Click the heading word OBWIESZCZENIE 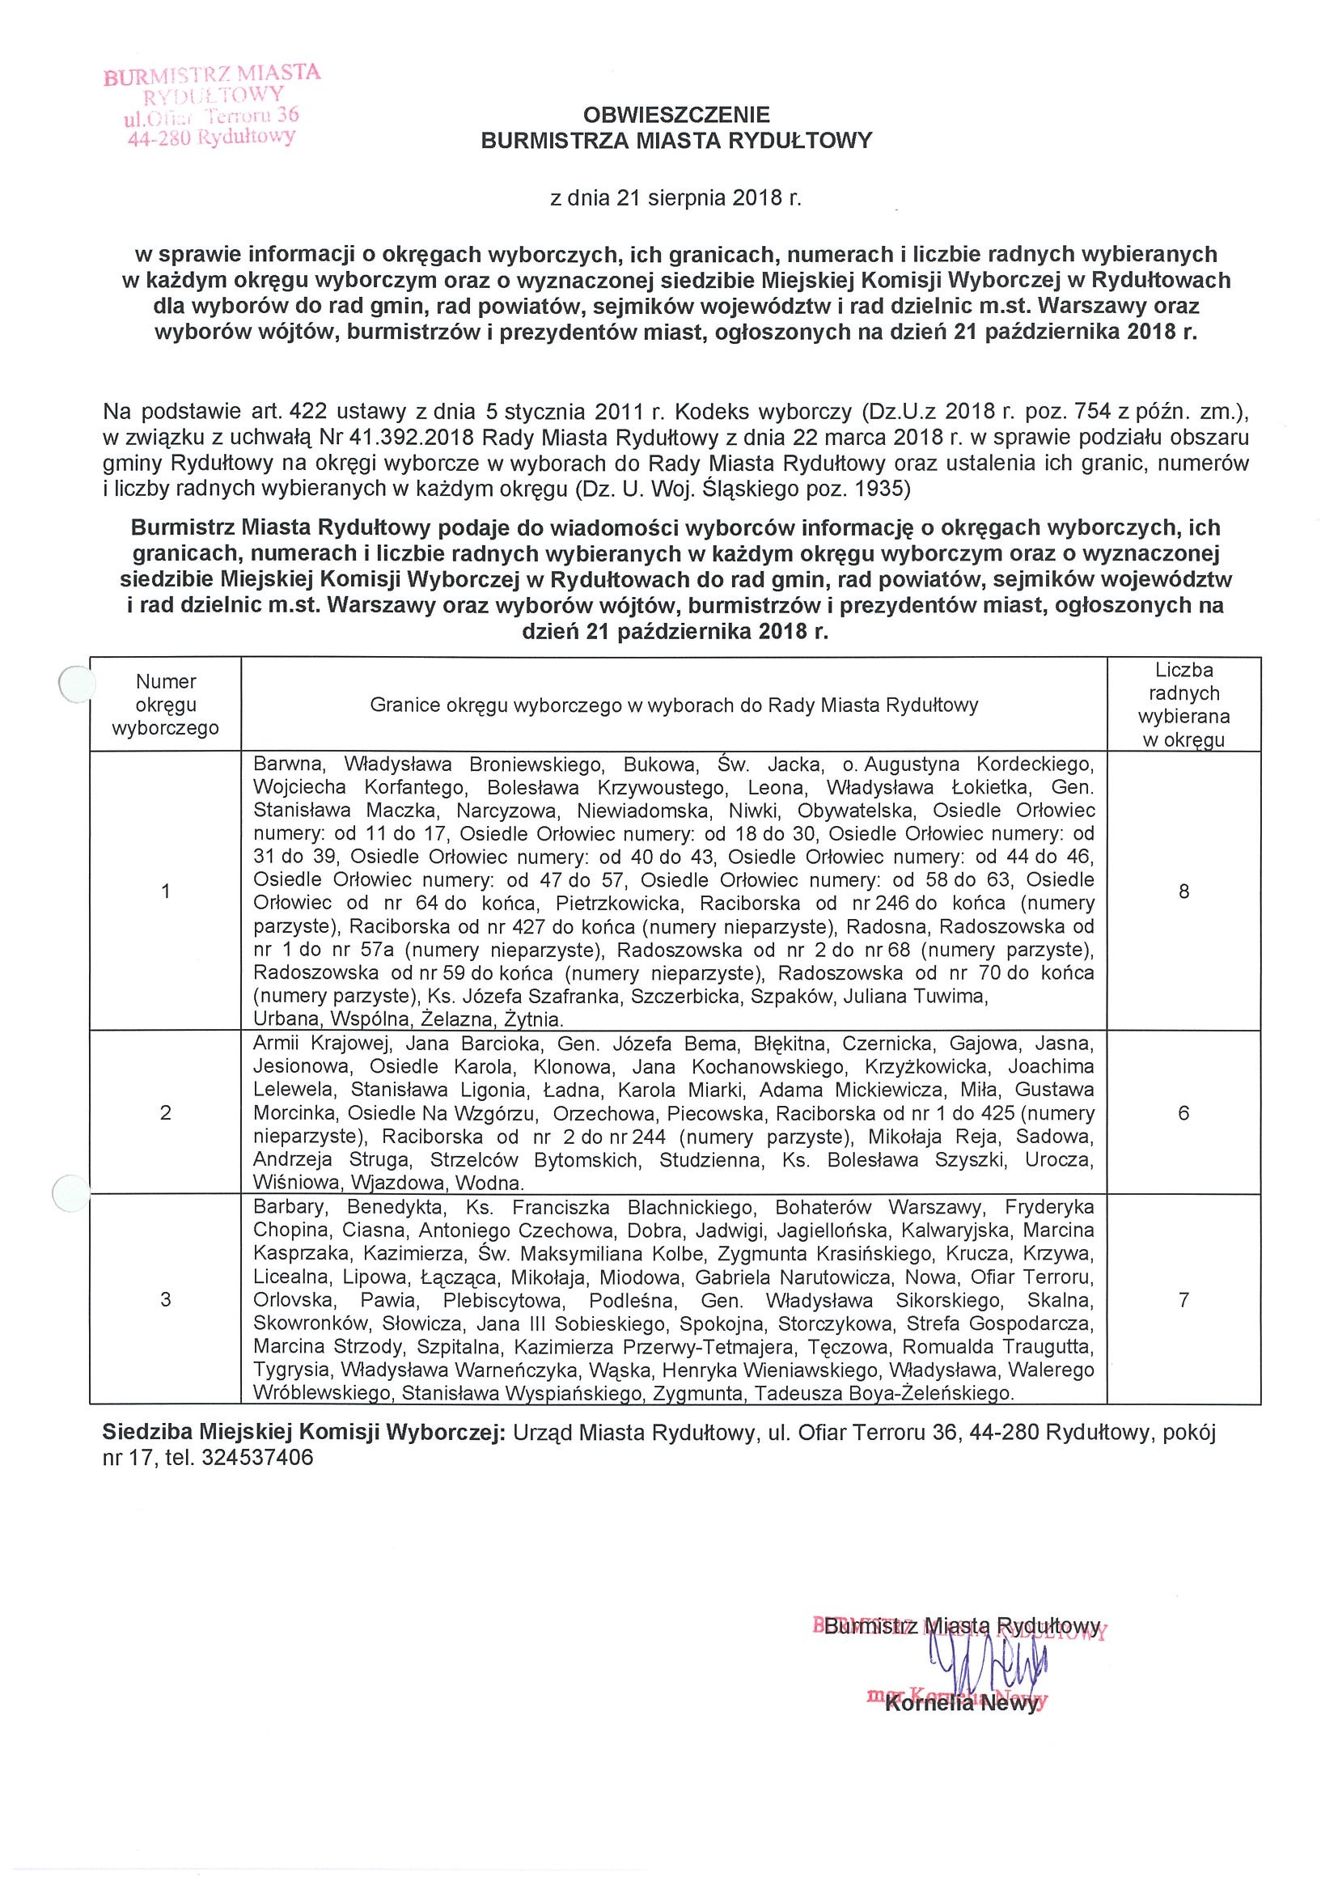click(675, 114)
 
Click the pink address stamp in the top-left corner click(211, 104)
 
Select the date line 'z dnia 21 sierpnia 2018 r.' click(675, 199)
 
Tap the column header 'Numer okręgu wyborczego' click(166, 705)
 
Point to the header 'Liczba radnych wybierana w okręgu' click(1183, 705)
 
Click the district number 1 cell click(166, 891)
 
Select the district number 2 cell click(166, 1113)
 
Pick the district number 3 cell click(166, 1300)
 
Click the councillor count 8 click(1183, 891)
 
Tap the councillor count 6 click(1183, 1113)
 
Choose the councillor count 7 click(1183, 1300)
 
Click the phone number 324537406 click(256, 1458)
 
